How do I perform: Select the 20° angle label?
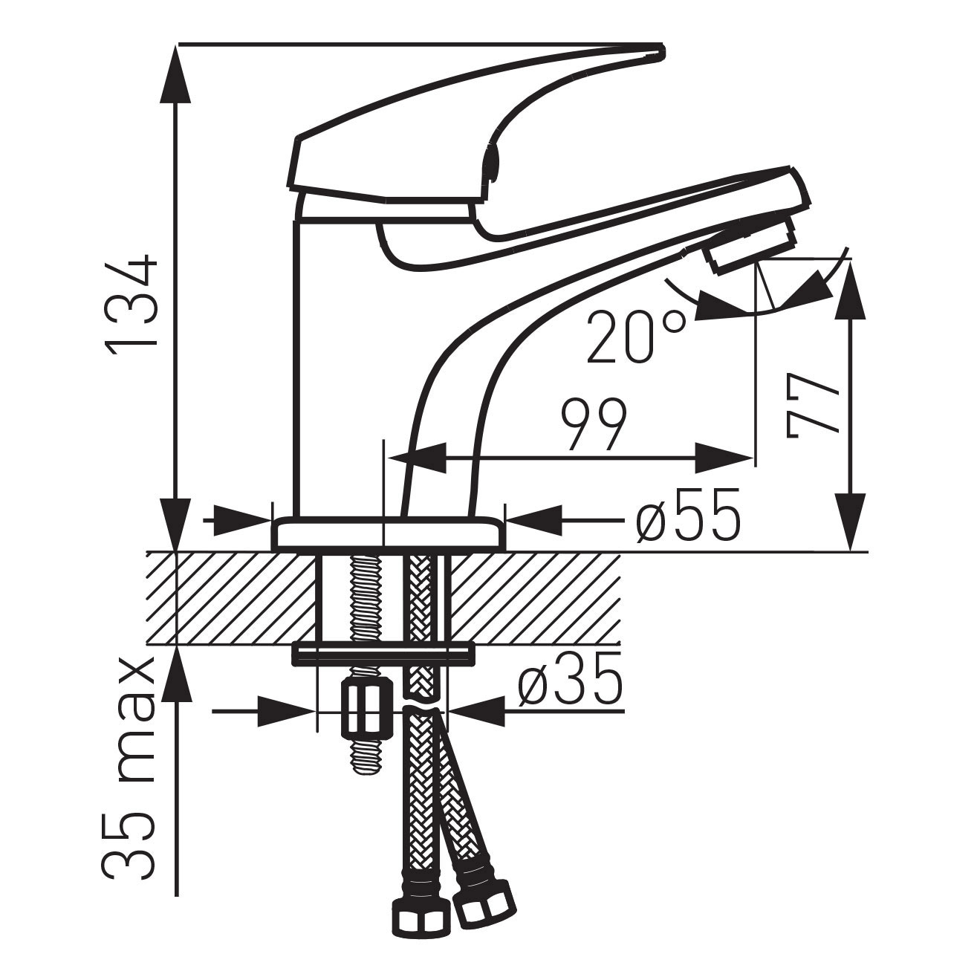point(635,337)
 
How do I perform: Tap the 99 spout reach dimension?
point(594,426)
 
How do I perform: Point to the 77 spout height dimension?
point(813,406)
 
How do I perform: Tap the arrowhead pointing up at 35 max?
point(176,672)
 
